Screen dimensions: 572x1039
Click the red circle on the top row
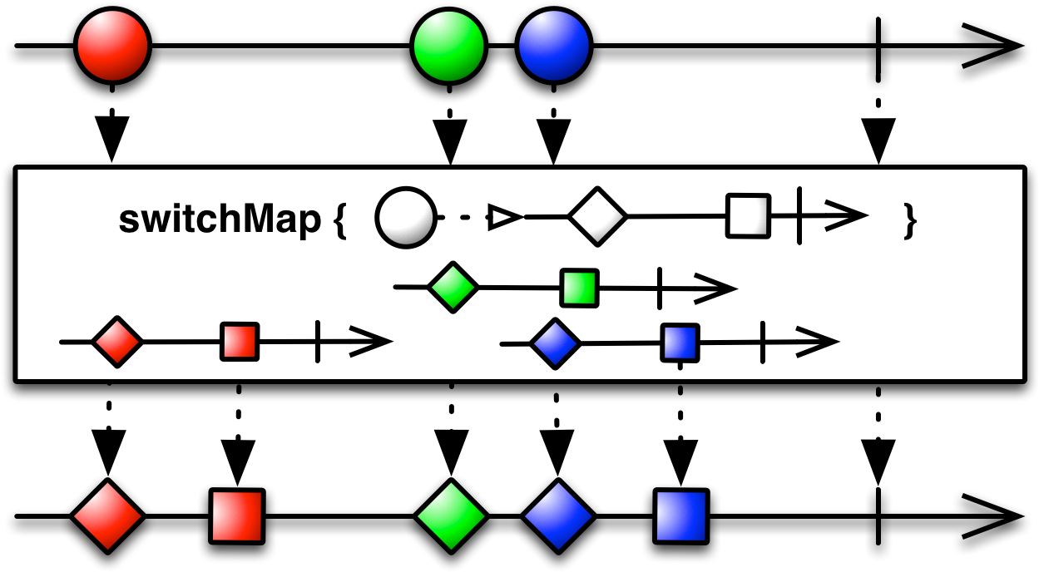[113, 46]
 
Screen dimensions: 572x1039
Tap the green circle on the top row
[449, 46]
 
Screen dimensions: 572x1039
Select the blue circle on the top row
[554, 46]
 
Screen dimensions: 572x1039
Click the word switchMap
[220, 220]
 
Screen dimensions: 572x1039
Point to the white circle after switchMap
[406, 218]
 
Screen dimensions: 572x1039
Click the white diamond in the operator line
[597, 217]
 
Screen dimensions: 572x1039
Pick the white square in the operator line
[748, 216]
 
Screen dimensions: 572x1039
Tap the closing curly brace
[910, 221]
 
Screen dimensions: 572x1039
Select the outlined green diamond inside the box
[453, 288]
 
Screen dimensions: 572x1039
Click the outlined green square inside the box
[579, 288]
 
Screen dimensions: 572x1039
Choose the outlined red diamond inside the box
[117, 341]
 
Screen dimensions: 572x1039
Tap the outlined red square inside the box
[240, 341]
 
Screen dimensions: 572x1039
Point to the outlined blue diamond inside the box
[555, 343]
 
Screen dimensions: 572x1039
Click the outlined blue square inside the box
[680, 343]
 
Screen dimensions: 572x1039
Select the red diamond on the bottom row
[107, 516]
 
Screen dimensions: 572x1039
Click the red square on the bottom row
[237, 516]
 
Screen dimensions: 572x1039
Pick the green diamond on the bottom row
[451, 516]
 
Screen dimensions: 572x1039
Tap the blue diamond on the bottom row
[558, 516]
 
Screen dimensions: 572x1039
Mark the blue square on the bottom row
[681, 516]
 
